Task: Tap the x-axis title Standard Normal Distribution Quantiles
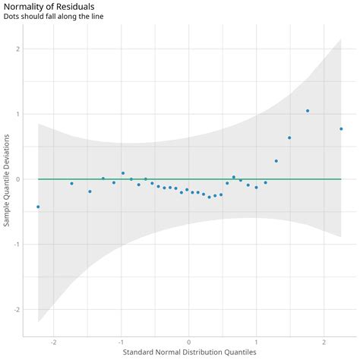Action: tap(189, 352)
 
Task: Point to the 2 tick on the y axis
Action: tap(17, 49)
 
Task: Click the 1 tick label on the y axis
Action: tap(17, 114)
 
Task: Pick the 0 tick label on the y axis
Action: tap(17, 179)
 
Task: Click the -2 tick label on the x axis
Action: tap(53, 342)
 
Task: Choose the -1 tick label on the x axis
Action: tap(121, 342)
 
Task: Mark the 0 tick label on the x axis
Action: tap(189, 342)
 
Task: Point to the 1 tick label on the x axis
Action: tap(257, 342)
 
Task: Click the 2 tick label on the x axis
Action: tap(324, 342)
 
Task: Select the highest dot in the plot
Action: tap(308, 111)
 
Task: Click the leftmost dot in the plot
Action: tap(38, 207)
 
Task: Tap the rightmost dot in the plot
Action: tap(341, 129)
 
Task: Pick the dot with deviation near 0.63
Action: tap(289, 138)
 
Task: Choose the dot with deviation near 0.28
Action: tap(276, 161)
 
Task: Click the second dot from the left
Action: tap(71, 183)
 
